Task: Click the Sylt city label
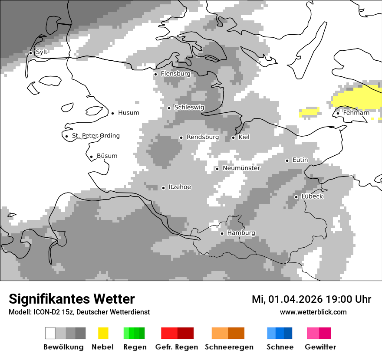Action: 42,52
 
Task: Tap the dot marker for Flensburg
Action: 155,74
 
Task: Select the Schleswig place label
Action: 189,107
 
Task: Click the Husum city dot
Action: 112,113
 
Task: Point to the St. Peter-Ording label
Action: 95,136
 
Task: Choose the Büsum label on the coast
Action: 107,156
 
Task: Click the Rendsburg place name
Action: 203,137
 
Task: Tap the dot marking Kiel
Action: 233,137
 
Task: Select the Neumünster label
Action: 241,168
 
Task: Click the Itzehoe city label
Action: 180,187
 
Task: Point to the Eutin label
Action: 300,160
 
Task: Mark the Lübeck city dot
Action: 296,197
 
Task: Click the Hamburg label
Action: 241,233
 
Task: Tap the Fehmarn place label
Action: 356,113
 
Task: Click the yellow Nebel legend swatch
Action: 103,333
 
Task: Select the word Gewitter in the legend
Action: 320,347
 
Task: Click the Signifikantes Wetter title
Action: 72,299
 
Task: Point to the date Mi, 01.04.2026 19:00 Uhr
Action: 311,299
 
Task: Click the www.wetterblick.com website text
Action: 313,312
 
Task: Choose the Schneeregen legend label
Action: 229,347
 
